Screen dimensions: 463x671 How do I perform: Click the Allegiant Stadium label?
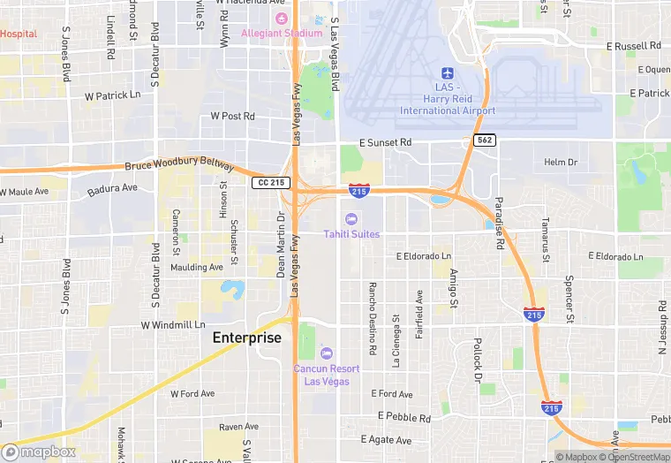coord(282,34)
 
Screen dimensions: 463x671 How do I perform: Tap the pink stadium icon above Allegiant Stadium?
coord(282,19)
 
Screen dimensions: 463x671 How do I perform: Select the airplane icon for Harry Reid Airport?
coord(447,74)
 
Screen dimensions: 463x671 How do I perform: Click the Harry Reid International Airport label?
coord(448,104)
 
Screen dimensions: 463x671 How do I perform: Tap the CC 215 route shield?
coord(270,182)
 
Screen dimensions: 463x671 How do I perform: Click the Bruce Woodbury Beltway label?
coord(180,165)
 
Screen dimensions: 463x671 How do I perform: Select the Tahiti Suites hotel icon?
coord(351,218)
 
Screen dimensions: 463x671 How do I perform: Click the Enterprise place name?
coord(246,338)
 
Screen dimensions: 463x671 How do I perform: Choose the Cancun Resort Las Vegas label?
coord(327,374)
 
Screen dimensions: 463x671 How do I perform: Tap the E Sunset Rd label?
coord(385,142)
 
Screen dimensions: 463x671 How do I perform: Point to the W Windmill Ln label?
coord(173,325)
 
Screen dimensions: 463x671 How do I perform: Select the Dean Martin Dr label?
coord(282,244)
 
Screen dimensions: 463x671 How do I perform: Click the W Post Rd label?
coord(232,116)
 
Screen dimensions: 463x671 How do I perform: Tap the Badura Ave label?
coord(112,188)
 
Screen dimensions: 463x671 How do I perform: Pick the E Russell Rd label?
coord(633,46)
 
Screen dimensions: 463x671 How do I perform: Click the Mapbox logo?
coord(39,452)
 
